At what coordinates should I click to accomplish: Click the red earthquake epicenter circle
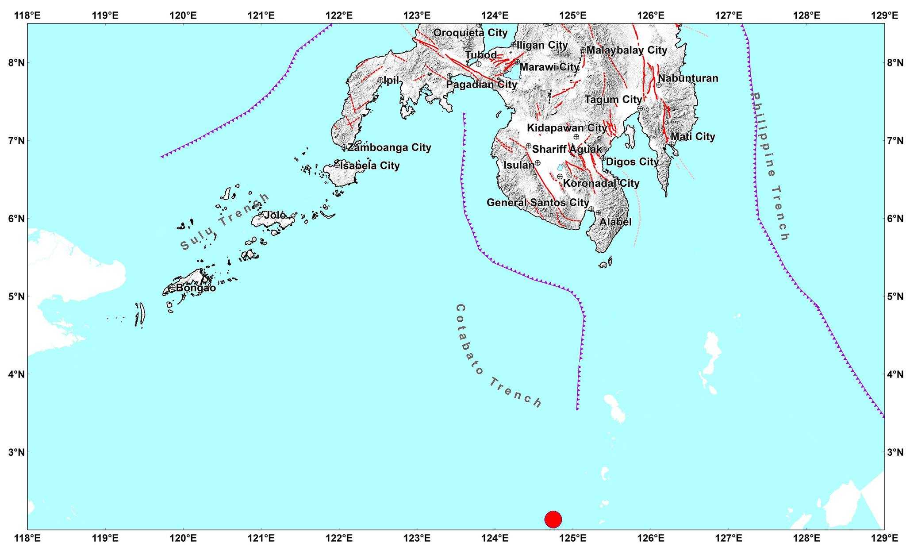pos(553,519)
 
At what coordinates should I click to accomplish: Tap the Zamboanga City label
pos(389,147)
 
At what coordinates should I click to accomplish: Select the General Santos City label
pos(538,203)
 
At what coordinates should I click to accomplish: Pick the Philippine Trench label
pos(770,166)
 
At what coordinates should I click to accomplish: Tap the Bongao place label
pos(196,288)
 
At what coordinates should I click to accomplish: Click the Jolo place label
pos(275,216)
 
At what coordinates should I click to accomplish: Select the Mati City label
pos(693,137)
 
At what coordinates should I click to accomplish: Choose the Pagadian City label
pos(481,84)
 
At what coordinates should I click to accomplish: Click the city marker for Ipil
pos(380,80)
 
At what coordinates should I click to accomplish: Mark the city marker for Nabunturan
pos(659,85)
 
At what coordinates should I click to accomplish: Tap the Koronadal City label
pos(601,183)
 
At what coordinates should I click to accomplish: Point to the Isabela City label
pos(370,166)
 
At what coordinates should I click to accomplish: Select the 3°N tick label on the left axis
pos(16,452)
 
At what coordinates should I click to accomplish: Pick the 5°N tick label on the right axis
pos(896,296)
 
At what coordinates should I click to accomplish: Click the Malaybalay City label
pos(626,50)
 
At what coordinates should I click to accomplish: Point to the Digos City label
pos(632,162)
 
